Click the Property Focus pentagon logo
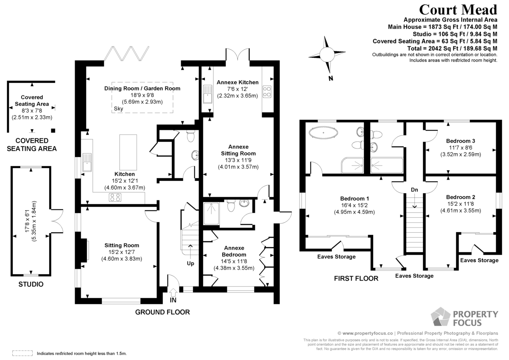(x=440, y=317)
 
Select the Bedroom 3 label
(x=460, y=141)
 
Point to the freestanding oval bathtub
(x=323, y=132)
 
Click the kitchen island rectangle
(x=128, y=152)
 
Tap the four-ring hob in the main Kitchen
(x=115, y=197)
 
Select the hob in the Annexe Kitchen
(x=267, y=92)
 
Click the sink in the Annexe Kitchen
(x=207, y=94)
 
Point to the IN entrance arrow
(x=173, y=292)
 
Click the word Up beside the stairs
(x=190, y=263)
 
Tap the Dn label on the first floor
(x=414, y=190)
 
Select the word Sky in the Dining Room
(x=118, y=109)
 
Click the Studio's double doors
(x=57, y=221)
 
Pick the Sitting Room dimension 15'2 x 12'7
(x=122, y=252)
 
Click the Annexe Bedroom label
(x=234, y=251)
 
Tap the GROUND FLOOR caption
(x=162, y=312)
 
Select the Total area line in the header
(x=452, y=48)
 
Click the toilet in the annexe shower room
(x=231, y=205)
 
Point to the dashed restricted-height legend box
(x=22, y=353)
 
